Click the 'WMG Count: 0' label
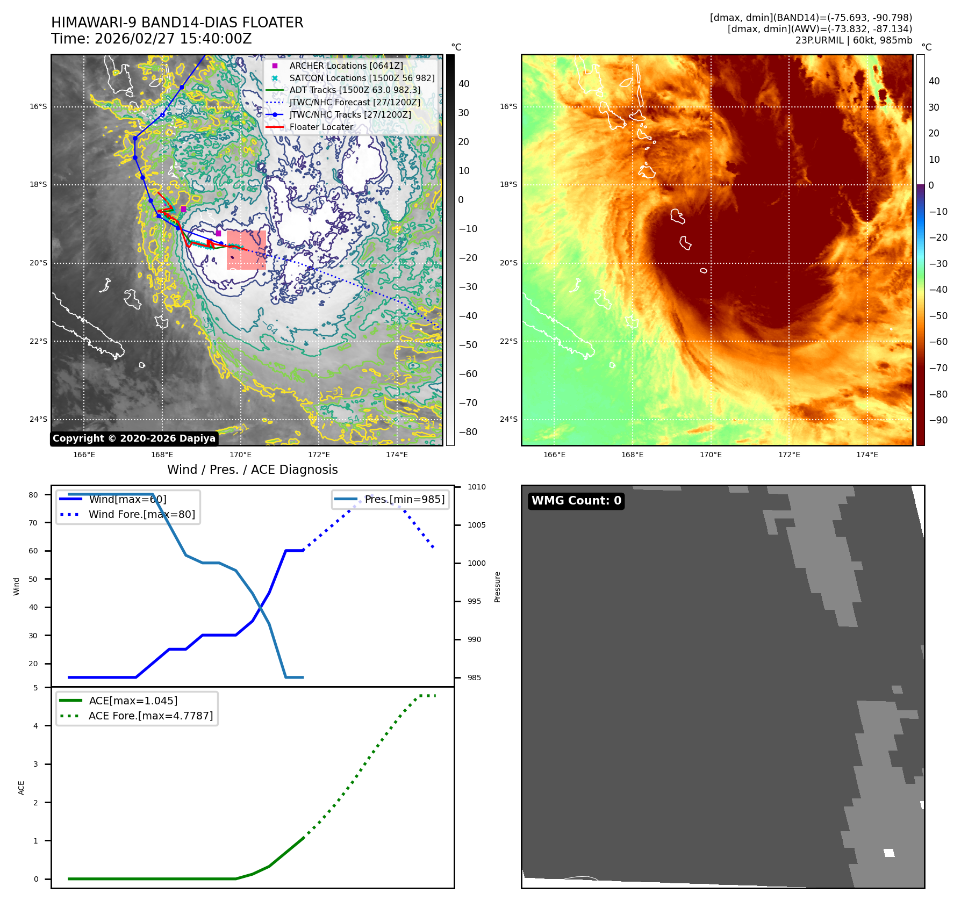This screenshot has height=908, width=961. click(576, 501)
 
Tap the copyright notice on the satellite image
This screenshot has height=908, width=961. click(134, 438)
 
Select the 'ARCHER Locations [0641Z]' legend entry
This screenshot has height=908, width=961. click(346, 66)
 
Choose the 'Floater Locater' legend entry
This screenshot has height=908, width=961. click(321, 127)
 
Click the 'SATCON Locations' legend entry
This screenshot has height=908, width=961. click(362, 78)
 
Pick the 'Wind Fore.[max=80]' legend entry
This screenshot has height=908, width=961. click(141, 514)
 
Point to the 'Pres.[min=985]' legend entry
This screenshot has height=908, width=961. click(404, 499)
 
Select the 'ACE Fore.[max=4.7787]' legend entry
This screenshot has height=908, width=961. click(150, 716)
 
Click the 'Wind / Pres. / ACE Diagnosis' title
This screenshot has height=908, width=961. click(253, 470)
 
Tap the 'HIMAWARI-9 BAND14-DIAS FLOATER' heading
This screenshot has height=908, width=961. click(177, 23)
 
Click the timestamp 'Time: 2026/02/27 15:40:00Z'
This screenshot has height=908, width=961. click(152, 39)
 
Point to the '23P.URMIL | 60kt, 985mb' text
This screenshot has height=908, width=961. click(854, 40)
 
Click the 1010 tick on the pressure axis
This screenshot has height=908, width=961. click(476, 487)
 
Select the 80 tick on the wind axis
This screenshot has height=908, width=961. click(33, 495)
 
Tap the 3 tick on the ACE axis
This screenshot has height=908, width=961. click(36, 764)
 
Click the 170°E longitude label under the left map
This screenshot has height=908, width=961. click(240, 455)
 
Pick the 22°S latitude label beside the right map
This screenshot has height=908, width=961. click(508, 341)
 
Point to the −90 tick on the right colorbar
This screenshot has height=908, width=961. click(938, 420)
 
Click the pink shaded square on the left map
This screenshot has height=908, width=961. click(246, 250)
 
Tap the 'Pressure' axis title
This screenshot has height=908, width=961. click(497, 587)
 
